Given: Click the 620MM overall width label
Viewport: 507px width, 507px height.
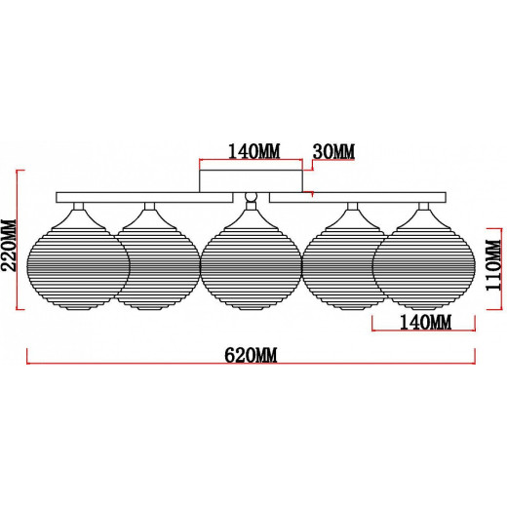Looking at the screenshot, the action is click(x=251, y=355).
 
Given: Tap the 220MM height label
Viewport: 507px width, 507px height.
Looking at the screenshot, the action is click(x=8, y=245).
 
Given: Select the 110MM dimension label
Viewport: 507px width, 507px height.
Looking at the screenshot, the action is click(x=493, y=265).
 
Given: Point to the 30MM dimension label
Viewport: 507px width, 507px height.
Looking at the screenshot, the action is click(x=333, y=151).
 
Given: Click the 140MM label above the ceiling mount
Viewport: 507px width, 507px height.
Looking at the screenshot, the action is click(x=253, y=151).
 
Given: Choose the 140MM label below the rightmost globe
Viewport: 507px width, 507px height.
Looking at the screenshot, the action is click(x=425, y=323).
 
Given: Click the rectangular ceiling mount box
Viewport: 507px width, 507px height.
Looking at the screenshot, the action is click(x=251, y=181).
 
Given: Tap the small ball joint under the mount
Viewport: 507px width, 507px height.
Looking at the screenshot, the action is click(x=251, y=197).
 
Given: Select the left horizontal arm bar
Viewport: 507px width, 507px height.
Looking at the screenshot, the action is click(x=144, y=198).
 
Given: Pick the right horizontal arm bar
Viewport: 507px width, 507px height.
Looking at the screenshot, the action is click(x=358, y=198).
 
